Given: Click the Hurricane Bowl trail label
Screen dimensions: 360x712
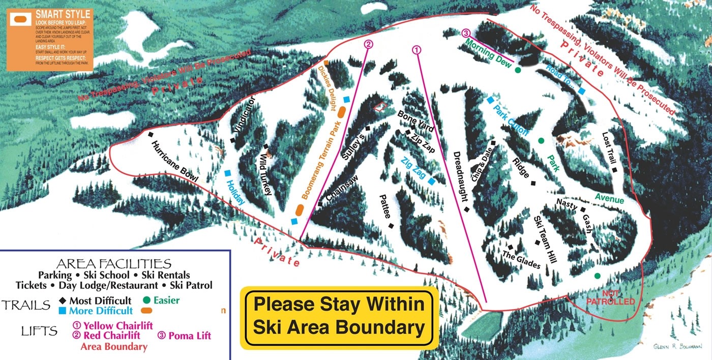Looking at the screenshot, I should pos(174,161).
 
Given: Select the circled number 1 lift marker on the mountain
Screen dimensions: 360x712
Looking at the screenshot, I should pos(417,50).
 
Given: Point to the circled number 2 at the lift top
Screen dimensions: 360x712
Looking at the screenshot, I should pos(369,44).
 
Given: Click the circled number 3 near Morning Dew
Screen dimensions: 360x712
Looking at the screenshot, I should pos(466,33).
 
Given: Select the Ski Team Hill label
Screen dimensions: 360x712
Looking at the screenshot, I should pos(544,239).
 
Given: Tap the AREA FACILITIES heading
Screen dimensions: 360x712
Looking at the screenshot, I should pos(113,263).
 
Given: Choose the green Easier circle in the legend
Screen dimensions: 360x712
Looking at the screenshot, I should pos(147,300).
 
